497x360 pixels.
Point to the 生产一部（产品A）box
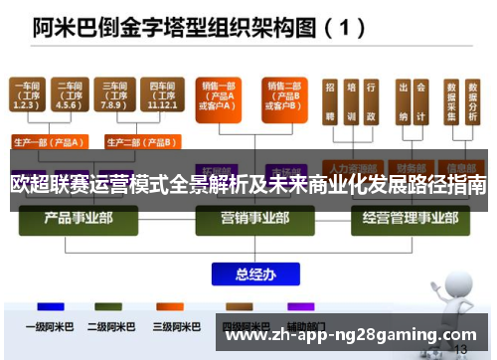(49, 140)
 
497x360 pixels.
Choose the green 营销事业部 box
(248, 218)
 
